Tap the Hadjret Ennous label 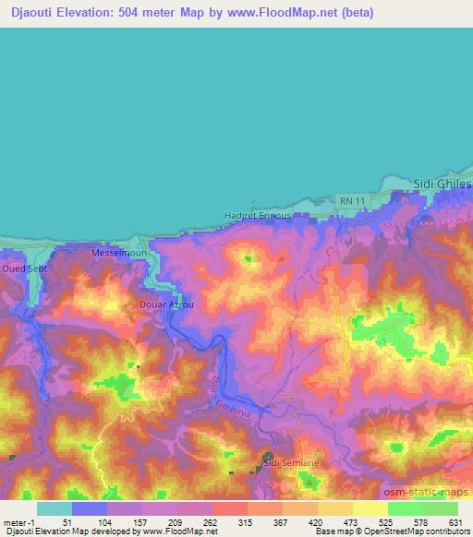tap(258, 216)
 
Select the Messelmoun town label tap(119, 251)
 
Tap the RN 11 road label tap(350, 200)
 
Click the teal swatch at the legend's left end tap(55, 508)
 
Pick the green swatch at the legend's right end tap(440, 508)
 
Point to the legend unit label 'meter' tap(16, 522)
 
